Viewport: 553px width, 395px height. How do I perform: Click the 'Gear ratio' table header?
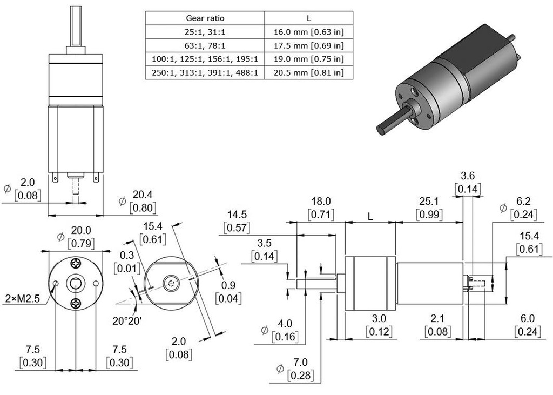205,18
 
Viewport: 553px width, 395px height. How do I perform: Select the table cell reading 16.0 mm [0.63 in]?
308,32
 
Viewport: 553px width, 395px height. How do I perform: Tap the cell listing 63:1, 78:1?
205,45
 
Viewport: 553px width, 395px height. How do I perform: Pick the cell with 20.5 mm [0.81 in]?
308,72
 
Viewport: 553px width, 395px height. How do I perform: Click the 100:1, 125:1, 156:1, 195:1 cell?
205,59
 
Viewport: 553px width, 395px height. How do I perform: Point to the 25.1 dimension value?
429,202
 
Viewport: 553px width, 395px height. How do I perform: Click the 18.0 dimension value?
321,202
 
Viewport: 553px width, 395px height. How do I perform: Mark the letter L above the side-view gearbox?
370,216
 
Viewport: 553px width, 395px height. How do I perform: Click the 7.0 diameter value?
300,361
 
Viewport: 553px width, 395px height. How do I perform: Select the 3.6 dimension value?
468,176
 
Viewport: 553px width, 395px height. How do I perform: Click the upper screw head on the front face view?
76,263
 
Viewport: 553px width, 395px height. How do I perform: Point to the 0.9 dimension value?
228,285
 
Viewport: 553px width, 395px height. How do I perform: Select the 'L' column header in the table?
308,18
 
